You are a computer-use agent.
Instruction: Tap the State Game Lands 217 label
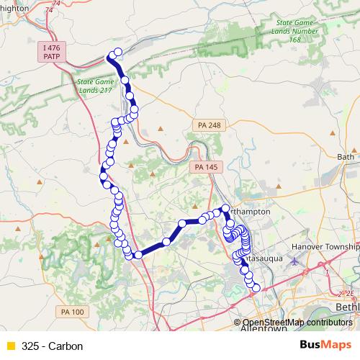(x=96, y=86)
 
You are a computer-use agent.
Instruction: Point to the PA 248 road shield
(x=209, y=125)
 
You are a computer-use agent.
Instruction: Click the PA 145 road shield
(x=207, y=167)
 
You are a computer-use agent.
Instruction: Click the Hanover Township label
(x=325, y=247)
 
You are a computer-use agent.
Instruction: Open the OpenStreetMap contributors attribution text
(x=297, y=323)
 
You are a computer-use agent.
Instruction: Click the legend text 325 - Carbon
(x=53, y=346)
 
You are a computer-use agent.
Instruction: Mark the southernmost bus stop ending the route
(x=255, y=288)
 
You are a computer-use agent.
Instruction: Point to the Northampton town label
(x=249, y=212)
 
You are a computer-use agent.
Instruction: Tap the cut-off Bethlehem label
(x=348, y=307)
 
